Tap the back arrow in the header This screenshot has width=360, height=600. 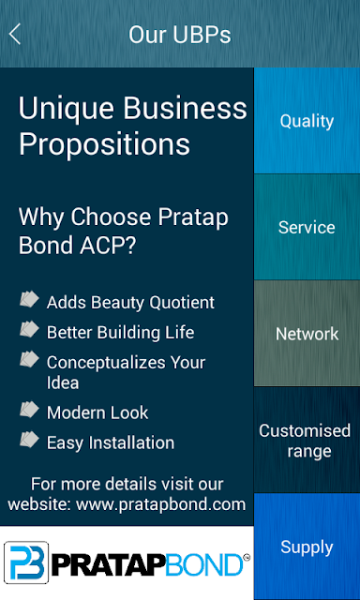click(x=15, y=35)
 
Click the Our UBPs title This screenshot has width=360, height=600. click(x=179, y=35)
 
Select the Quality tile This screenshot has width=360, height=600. click(x=307, y=121)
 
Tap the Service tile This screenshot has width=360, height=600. click(x=307, y=227)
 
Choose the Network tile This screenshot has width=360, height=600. click(x=307, y=334)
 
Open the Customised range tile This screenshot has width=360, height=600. click(x=307, y=440)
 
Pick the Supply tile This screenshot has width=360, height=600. click(x=307, y=547)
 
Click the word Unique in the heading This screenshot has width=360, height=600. click(x=67, y=110)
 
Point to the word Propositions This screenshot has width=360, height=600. click(x=104, y=144)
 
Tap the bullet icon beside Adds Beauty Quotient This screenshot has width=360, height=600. click(x=29, y=299)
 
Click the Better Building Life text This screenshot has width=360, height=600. click(x=120, y=332)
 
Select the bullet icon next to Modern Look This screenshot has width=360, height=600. click(x=29, y=410)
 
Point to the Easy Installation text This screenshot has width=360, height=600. click(x=111, y=443)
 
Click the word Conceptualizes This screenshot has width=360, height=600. click(x=106, y=363)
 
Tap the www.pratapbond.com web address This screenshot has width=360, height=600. click(x=160, y=504)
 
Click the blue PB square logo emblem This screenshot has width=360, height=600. click(x=26, y=562)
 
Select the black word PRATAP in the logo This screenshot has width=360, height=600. click(x=109, y=564)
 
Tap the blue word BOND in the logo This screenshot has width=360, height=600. click(x=205, y=564)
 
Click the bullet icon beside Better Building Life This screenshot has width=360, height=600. click(x=29, y=329)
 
